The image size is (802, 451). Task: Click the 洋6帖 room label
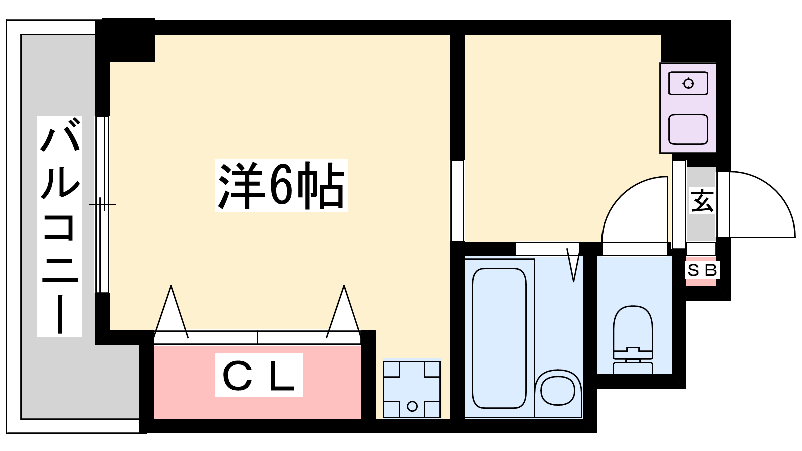[x=281, y=185]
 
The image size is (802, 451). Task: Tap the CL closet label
[x=259, y=375]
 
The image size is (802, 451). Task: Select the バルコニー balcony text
[x=60, y=225]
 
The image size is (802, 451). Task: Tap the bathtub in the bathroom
[x=499, y=338]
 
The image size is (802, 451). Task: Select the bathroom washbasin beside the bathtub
[x=558, y=389]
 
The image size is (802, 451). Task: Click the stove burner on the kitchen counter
[x=688, y=83]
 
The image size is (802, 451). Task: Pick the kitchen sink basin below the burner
[x=688, y=129]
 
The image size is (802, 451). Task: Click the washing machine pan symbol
[x=412, y=389]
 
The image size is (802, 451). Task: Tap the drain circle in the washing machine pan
[x=412, y=406]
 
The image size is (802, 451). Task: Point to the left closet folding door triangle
[x=172, y=313]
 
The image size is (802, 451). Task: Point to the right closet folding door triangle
[x=344, y=313]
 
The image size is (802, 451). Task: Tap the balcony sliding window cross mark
[x=102, y=204]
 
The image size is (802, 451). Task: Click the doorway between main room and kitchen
[x=457, y=200]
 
